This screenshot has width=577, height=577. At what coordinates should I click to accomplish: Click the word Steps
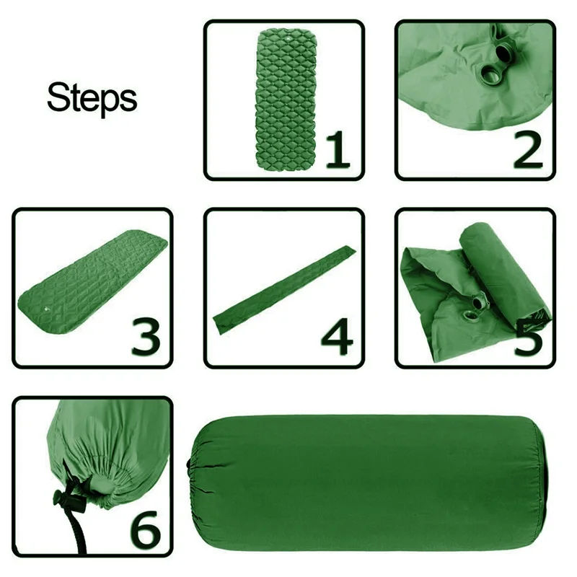click(x=92, y=98)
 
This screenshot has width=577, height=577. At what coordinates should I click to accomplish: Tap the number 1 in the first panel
click(x=338, y=150)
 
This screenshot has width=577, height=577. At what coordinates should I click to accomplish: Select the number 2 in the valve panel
click(x=528, y=150)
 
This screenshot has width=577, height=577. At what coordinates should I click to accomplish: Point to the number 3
click(x=146, y=338)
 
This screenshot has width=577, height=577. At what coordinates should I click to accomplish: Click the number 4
click(x=337, y=338)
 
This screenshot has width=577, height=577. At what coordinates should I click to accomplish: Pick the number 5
click(x=529, y=338)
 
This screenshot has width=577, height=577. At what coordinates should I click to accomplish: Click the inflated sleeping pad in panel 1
click(x=286, y=100)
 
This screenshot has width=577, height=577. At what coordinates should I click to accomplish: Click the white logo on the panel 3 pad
click(x=45, y=308)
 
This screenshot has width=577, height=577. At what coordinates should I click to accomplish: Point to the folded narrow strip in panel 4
click(x=284, y=290)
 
